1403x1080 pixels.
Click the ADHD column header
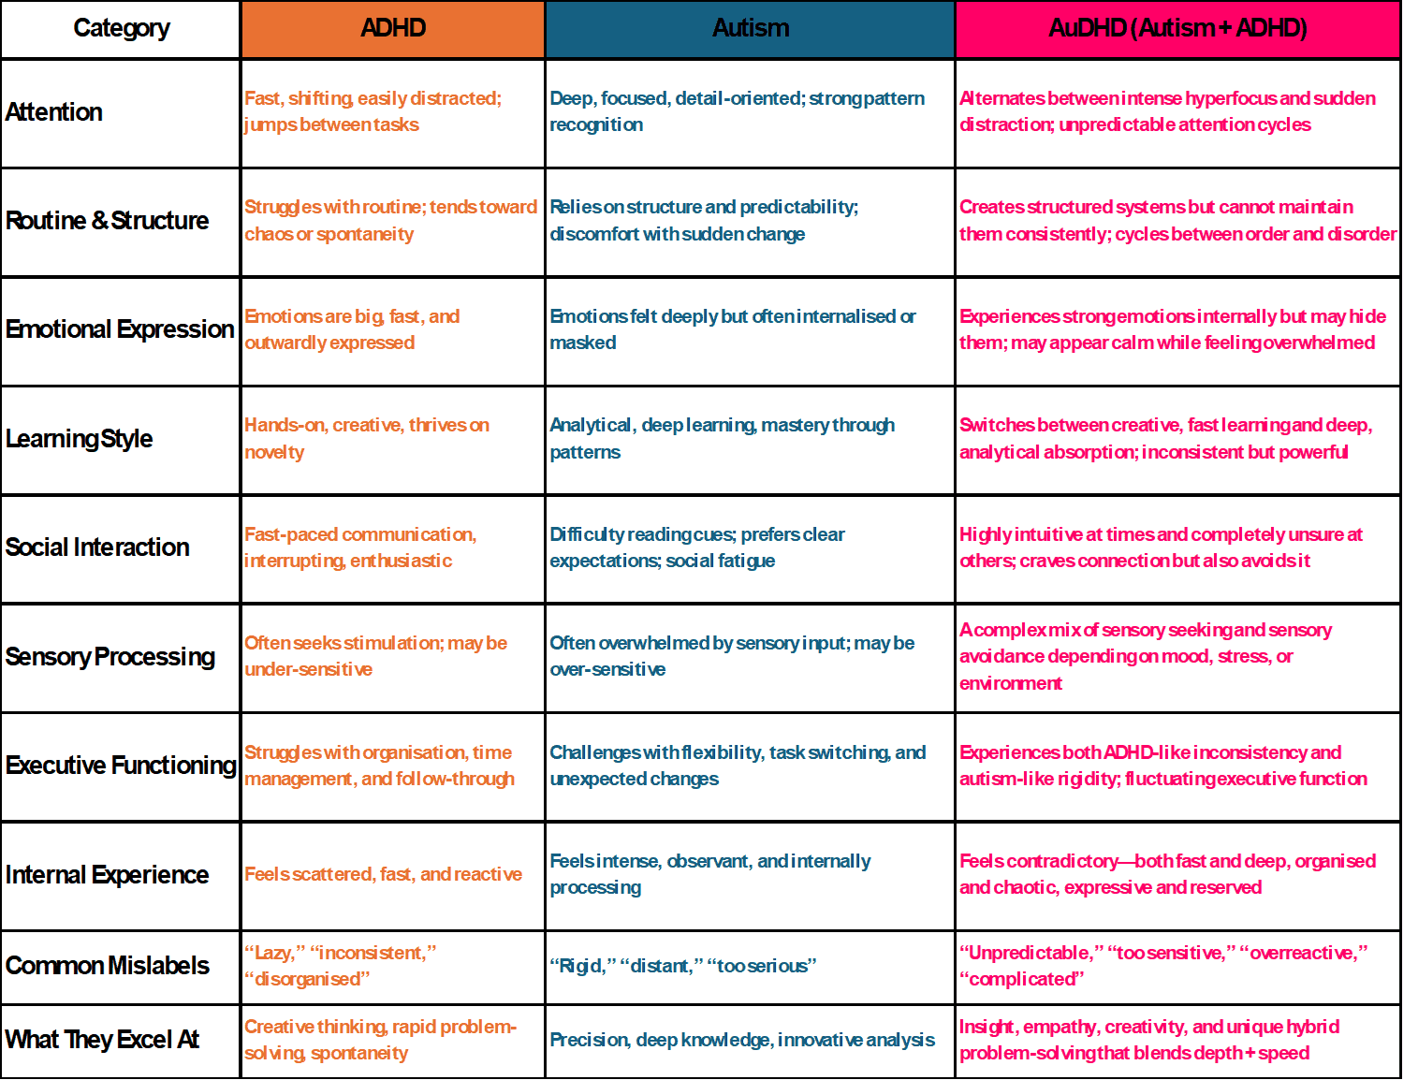pos(393,29)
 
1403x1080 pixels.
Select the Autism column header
pos(750,29)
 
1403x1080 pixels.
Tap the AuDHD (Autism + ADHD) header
pos(1177,29)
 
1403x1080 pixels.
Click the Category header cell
pos(122,29)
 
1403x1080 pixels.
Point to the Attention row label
pos(54,112)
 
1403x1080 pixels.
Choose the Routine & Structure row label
pos(107,221)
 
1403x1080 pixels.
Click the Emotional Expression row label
pos(120,329)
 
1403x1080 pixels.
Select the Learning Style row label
pos(79,439)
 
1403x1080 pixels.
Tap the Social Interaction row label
pos(97,547)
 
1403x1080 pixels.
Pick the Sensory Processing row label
pos(110,657)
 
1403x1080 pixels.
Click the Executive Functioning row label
pos(121,766)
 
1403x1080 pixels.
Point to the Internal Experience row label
pos(107,875)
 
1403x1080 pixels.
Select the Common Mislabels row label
pos(107,966)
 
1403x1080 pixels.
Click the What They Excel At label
pos(102,1040)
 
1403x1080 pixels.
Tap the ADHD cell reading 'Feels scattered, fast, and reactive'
pos(383,874)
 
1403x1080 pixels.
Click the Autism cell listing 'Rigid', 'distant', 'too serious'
pos(682,966)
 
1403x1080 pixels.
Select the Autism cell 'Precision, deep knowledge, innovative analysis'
pos(741,1040)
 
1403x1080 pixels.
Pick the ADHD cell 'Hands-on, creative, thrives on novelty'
pos(366,438)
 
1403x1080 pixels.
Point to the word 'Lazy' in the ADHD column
pos(274,953)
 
